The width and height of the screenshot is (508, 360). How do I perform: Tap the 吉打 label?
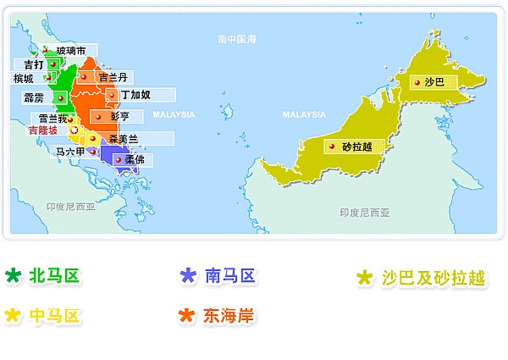[x=35, y=64]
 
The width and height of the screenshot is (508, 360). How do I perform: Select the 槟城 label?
[x=25, y=79]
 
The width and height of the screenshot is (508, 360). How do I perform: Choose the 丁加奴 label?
[x=135, y=95]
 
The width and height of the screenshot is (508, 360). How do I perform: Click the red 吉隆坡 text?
[x=43, y=130]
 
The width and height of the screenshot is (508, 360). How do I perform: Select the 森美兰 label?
[x=124, y=138]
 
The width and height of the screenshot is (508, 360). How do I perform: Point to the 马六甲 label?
[x=69, y=152]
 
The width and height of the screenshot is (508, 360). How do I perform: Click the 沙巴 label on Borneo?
[x=434, y=82]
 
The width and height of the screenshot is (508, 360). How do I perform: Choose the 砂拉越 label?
[x=357, y=147]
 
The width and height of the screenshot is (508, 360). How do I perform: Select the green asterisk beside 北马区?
[x=13, y=275]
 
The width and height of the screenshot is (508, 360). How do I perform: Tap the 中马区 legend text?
[x=55, y=316]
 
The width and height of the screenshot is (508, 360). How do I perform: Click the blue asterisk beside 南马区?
[x=188, y=275]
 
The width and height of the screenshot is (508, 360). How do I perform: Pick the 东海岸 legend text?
[x=228, y=316]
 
